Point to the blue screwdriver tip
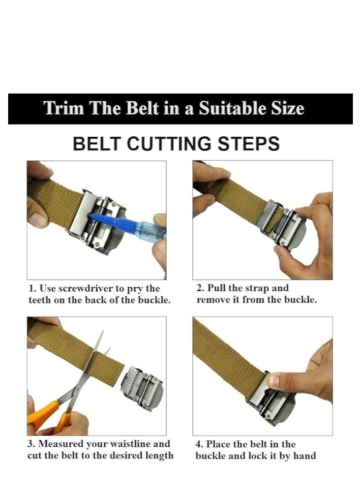(92, 216)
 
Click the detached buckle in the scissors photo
(142, 388)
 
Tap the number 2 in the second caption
(200, 288)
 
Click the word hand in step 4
(304, 455)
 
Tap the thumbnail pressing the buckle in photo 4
(274, 380)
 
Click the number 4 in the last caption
(199, 444)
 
